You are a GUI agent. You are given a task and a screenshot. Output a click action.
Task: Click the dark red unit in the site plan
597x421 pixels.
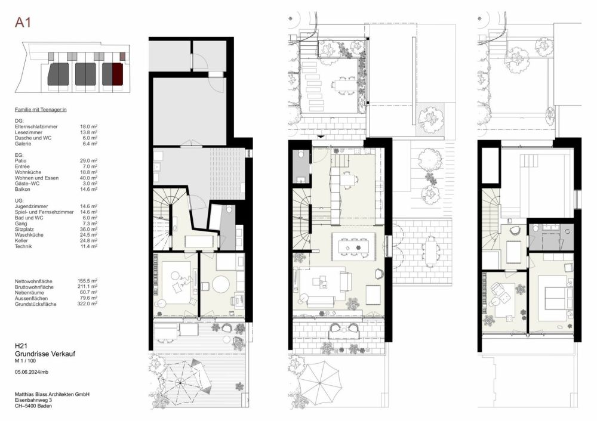[x=117, y=74]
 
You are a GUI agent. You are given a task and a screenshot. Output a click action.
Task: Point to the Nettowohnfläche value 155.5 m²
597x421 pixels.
[x=87, y=280]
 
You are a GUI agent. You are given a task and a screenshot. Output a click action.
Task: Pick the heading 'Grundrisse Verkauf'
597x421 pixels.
[x=41, y=354]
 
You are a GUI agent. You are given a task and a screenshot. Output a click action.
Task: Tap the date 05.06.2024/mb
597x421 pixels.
[x=33, y=372]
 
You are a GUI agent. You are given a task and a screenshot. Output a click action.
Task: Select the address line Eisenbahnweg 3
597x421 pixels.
[x=33, y=400]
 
